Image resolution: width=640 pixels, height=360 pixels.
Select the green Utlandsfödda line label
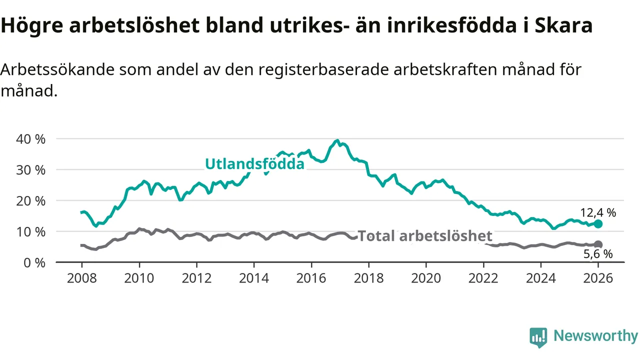coord(254,164)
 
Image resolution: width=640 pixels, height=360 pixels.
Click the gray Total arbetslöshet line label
coord(425,236)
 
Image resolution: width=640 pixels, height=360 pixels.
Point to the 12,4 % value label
coord(597,212)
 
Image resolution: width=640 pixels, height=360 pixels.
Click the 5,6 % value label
coord(597,254)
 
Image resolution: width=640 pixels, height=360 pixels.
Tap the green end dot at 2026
coord(598,224)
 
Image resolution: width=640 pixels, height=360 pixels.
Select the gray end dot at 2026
coord(598,244)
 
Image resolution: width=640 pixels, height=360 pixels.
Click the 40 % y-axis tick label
coord(30,139)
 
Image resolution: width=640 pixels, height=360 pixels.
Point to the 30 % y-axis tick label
coord(30,170)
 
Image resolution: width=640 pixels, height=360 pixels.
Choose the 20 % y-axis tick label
coord(30,201)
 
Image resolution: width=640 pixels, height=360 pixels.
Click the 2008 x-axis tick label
coord(81,278)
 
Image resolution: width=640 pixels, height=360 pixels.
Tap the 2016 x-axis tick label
coord(311,278)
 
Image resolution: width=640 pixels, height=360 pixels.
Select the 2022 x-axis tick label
coord(483,278)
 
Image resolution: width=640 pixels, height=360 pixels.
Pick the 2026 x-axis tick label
coord(598,278)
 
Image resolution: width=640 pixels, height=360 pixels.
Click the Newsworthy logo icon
coord(538,337)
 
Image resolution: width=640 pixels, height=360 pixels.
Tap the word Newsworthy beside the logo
coord(595,336)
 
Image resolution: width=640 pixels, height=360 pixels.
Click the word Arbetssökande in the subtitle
coord(56,69)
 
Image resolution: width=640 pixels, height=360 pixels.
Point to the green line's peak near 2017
coord(337,141)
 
